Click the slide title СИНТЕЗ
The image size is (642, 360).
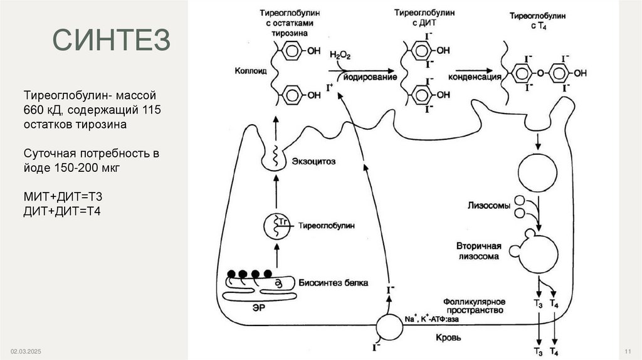(x=112, y=40)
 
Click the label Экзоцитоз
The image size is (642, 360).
(x=313, y=161)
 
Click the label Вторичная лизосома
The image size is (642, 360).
(x=481, y=250)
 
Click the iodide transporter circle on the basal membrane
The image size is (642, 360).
(x=389, y=327)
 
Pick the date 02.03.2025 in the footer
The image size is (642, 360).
(x=24, y=350)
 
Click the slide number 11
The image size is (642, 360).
(x=628, y=350)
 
